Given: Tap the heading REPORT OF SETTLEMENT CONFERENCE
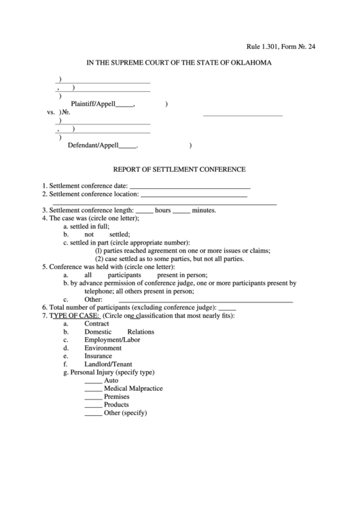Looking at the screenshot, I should pos(179,169).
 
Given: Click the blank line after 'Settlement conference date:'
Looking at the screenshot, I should pos(190,187).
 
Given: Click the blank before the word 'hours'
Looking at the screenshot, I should pos(145,211).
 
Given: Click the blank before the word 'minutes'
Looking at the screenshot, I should pos(181,211).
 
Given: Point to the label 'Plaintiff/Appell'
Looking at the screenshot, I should pos(93,105).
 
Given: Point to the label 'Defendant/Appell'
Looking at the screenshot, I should pos(93,145).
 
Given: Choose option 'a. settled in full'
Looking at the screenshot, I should pos(86,226).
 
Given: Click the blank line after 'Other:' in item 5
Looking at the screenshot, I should pos(205,300).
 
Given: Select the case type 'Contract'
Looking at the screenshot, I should pos(96,324).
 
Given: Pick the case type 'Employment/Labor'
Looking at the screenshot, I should pos(111,340).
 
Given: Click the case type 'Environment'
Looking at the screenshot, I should pos(103,348).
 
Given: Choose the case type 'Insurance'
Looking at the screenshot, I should pos(98,356).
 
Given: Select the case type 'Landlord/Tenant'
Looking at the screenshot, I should pos(108,364).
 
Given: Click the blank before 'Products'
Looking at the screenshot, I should pos(93,406).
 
